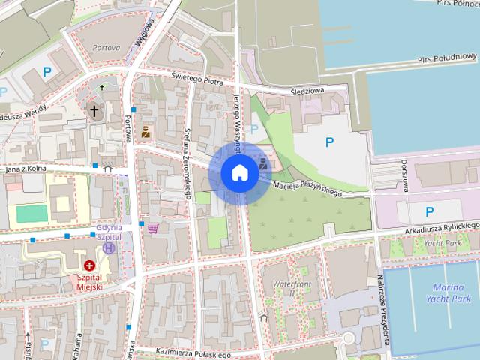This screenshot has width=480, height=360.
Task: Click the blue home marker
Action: (239, 173)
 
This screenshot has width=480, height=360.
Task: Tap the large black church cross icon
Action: (94, 112)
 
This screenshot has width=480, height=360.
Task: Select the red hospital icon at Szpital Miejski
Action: (90, 265)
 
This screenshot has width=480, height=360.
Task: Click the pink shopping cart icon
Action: (153, 229)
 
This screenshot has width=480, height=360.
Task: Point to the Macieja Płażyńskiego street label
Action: (307, 190)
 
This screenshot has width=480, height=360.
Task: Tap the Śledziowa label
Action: (307, 91)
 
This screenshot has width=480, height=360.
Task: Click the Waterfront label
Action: (292, 284)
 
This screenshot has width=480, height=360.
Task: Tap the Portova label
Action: (106, 47)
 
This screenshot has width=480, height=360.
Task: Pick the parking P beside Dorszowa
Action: (429, 211)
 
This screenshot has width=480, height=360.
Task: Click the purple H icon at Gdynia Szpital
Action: (109, 247)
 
